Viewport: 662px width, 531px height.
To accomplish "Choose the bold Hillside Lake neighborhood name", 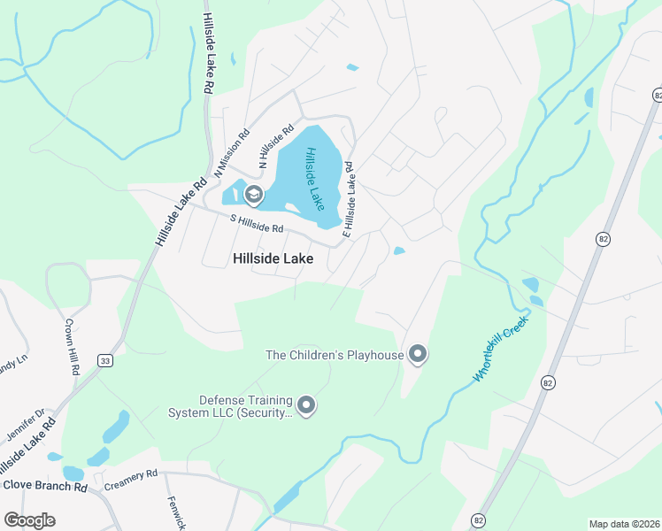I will [273, 258].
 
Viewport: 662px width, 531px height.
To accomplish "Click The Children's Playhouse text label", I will [335, 355].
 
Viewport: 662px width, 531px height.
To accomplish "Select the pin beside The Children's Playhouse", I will [418, 355].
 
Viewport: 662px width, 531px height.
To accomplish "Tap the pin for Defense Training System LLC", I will [307, 405].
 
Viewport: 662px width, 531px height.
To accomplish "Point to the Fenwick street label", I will [176, 512].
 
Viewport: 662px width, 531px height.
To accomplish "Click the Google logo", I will [29, 520].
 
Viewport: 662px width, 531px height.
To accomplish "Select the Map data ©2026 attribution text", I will [624, 524].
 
